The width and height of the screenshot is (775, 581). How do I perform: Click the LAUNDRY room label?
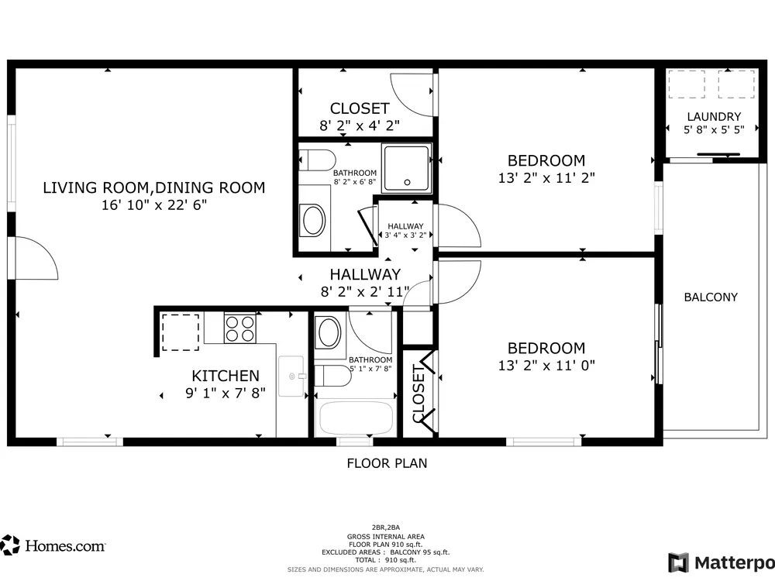714,117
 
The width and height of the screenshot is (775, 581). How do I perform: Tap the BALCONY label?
711,297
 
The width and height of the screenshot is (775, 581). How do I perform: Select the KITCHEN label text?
226,376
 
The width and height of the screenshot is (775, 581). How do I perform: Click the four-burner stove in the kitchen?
239,328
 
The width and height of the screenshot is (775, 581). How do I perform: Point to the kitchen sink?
291,376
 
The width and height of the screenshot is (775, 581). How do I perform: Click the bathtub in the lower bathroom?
356,418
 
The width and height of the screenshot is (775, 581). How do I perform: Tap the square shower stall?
406,168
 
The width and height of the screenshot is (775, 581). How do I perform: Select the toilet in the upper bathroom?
317,160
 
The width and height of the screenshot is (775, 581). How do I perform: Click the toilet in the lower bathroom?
332,376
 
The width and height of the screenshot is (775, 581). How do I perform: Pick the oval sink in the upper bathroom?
313,220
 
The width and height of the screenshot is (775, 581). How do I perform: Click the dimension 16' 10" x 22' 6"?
154,205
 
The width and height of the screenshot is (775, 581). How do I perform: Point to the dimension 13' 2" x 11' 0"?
546,365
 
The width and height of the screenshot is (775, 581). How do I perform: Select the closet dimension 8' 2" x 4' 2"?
360,125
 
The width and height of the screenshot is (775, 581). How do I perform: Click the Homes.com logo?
53,545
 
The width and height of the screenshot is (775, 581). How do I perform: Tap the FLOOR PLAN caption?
387,463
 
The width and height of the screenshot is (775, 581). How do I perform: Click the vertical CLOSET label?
418,394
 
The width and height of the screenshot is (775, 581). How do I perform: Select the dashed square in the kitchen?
181,332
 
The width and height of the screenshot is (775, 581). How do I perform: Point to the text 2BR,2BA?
386,528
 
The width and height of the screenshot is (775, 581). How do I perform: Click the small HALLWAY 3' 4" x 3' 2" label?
405,231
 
